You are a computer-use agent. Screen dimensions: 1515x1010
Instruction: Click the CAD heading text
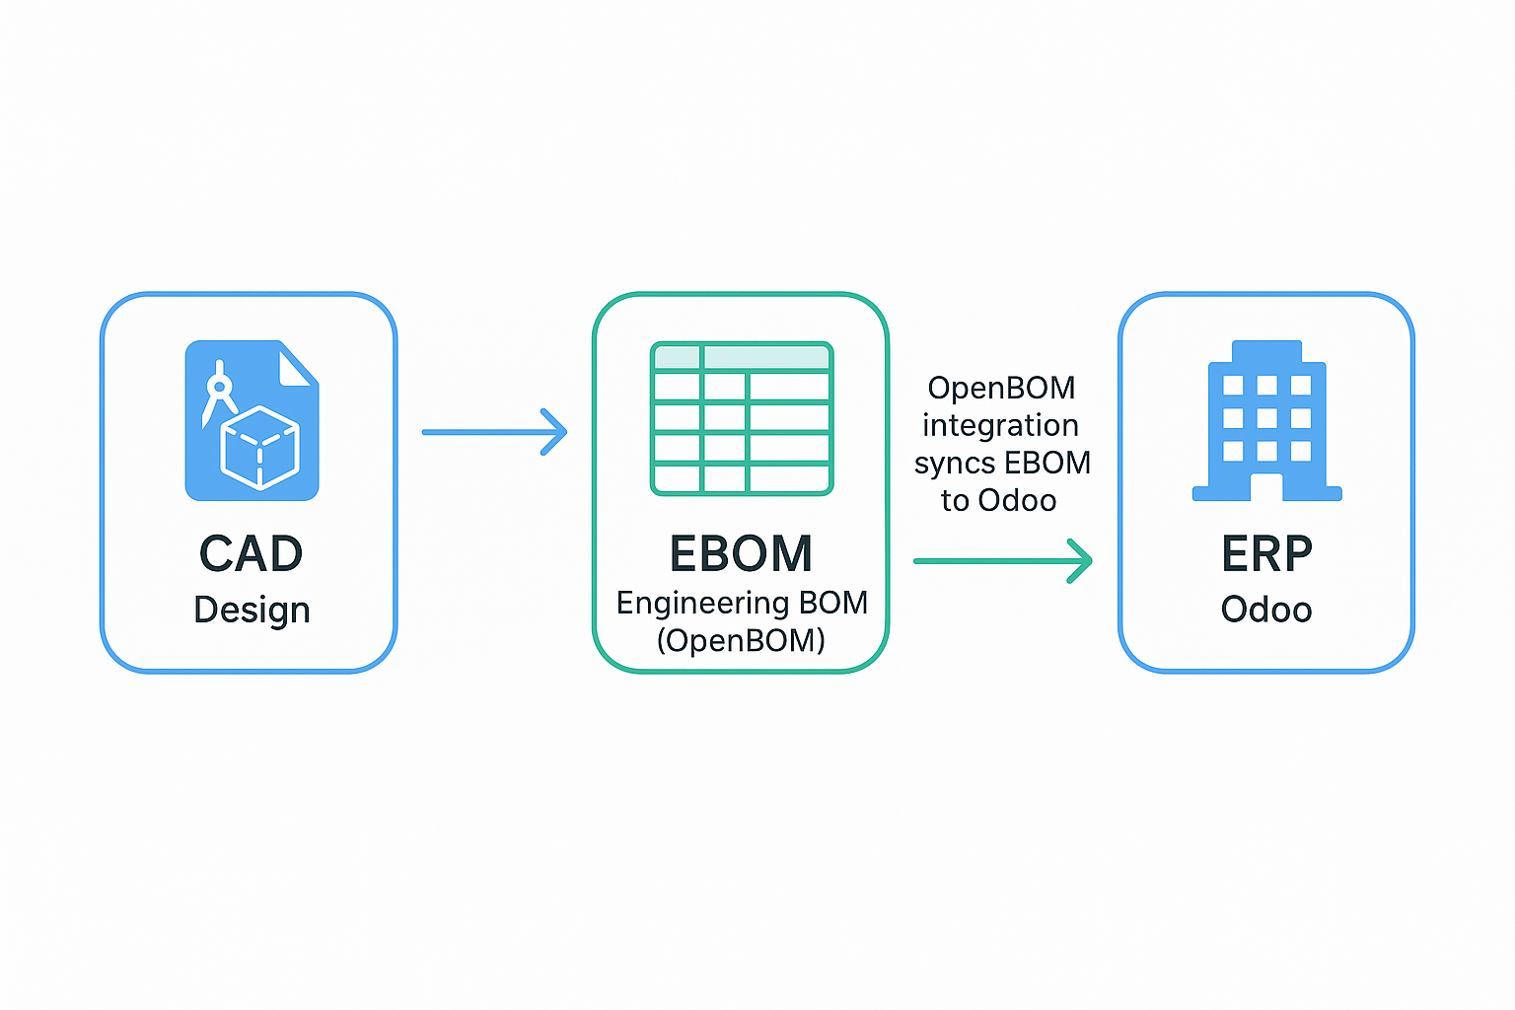[251, 553]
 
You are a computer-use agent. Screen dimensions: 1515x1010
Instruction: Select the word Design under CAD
[252, 611]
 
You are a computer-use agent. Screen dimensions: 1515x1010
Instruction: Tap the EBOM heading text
[742, 553]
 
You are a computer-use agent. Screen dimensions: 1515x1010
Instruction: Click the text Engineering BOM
[742, 603]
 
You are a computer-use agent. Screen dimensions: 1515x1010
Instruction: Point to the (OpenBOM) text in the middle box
[742, 640]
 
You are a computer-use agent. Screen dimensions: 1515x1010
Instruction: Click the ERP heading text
[1266, 553]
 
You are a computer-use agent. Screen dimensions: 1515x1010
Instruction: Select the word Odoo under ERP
[1266, 610]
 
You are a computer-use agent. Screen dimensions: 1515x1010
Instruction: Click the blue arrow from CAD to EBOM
[494, 432]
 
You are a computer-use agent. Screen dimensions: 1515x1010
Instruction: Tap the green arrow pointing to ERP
[1003, 561]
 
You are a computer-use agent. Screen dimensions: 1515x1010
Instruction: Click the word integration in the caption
[1001, 425]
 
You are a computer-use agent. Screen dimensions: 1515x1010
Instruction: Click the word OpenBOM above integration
[1002, 388]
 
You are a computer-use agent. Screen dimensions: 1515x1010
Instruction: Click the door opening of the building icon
[1266, 487]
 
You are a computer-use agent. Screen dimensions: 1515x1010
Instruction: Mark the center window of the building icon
[1266, 418]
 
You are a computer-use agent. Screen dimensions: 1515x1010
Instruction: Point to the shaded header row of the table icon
[742, 356]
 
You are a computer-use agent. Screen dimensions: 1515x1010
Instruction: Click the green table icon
[742, 419]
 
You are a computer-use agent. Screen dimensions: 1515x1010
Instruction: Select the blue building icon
[1266, 420]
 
